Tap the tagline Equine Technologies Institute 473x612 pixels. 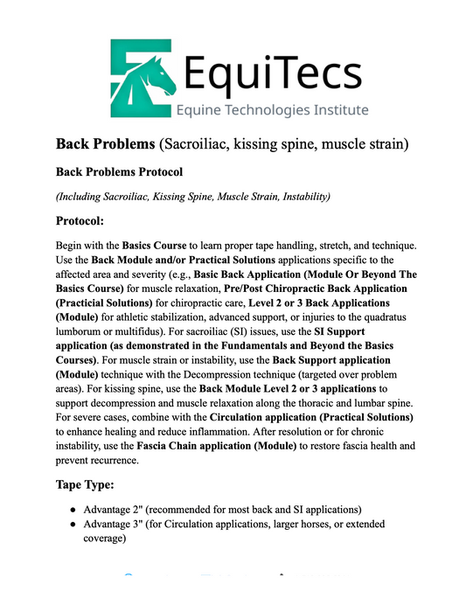(x=272, y=110)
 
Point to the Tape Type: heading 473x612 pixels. (x=93, y=483)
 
